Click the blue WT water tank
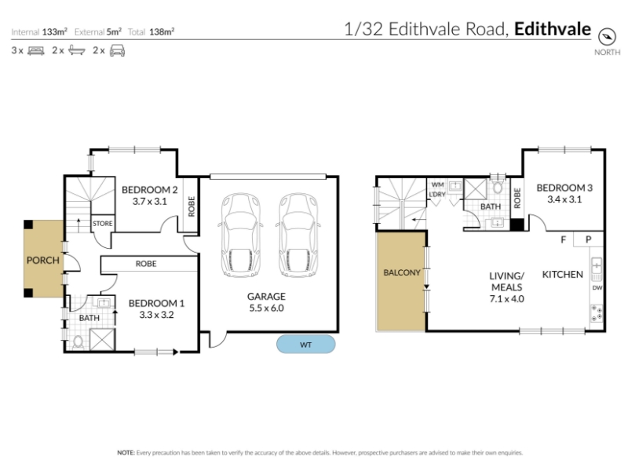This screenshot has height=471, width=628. (305, 345)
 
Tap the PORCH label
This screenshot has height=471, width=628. (43, 261)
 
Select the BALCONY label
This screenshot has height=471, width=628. (402, 272)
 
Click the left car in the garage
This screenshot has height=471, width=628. (241, 235)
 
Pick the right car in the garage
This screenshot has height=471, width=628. (298, 235)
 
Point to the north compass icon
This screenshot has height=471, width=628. (607, 37)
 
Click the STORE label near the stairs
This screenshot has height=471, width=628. (103, 224)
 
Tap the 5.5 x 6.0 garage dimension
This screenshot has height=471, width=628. (266, 308)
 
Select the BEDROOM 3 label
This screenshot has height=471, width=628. (564, 188)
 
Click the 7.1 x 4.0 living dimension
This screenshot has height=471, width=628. (506, 299)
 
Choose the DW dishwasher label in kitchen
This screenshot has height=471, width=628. (597, 287)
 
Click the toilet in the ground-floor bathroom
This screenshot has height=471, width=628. (78, 342)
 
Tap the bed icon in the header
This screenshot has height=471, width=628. (36, 51)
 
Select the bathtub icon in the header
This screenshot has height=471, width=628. (77, 50)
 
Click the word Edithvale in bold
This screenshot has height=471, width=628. (553, 29)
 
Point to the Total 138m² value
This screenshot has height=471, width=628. (162, 31)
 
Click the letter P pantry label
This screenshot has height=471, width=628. (588, 239)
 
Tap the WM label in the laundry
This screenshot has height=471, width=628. (437, 184)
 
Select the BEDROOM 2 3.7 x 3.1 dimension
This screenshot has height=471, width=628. (150, 201)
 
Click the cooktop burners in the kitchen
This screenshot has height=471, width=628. (597, 313)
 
